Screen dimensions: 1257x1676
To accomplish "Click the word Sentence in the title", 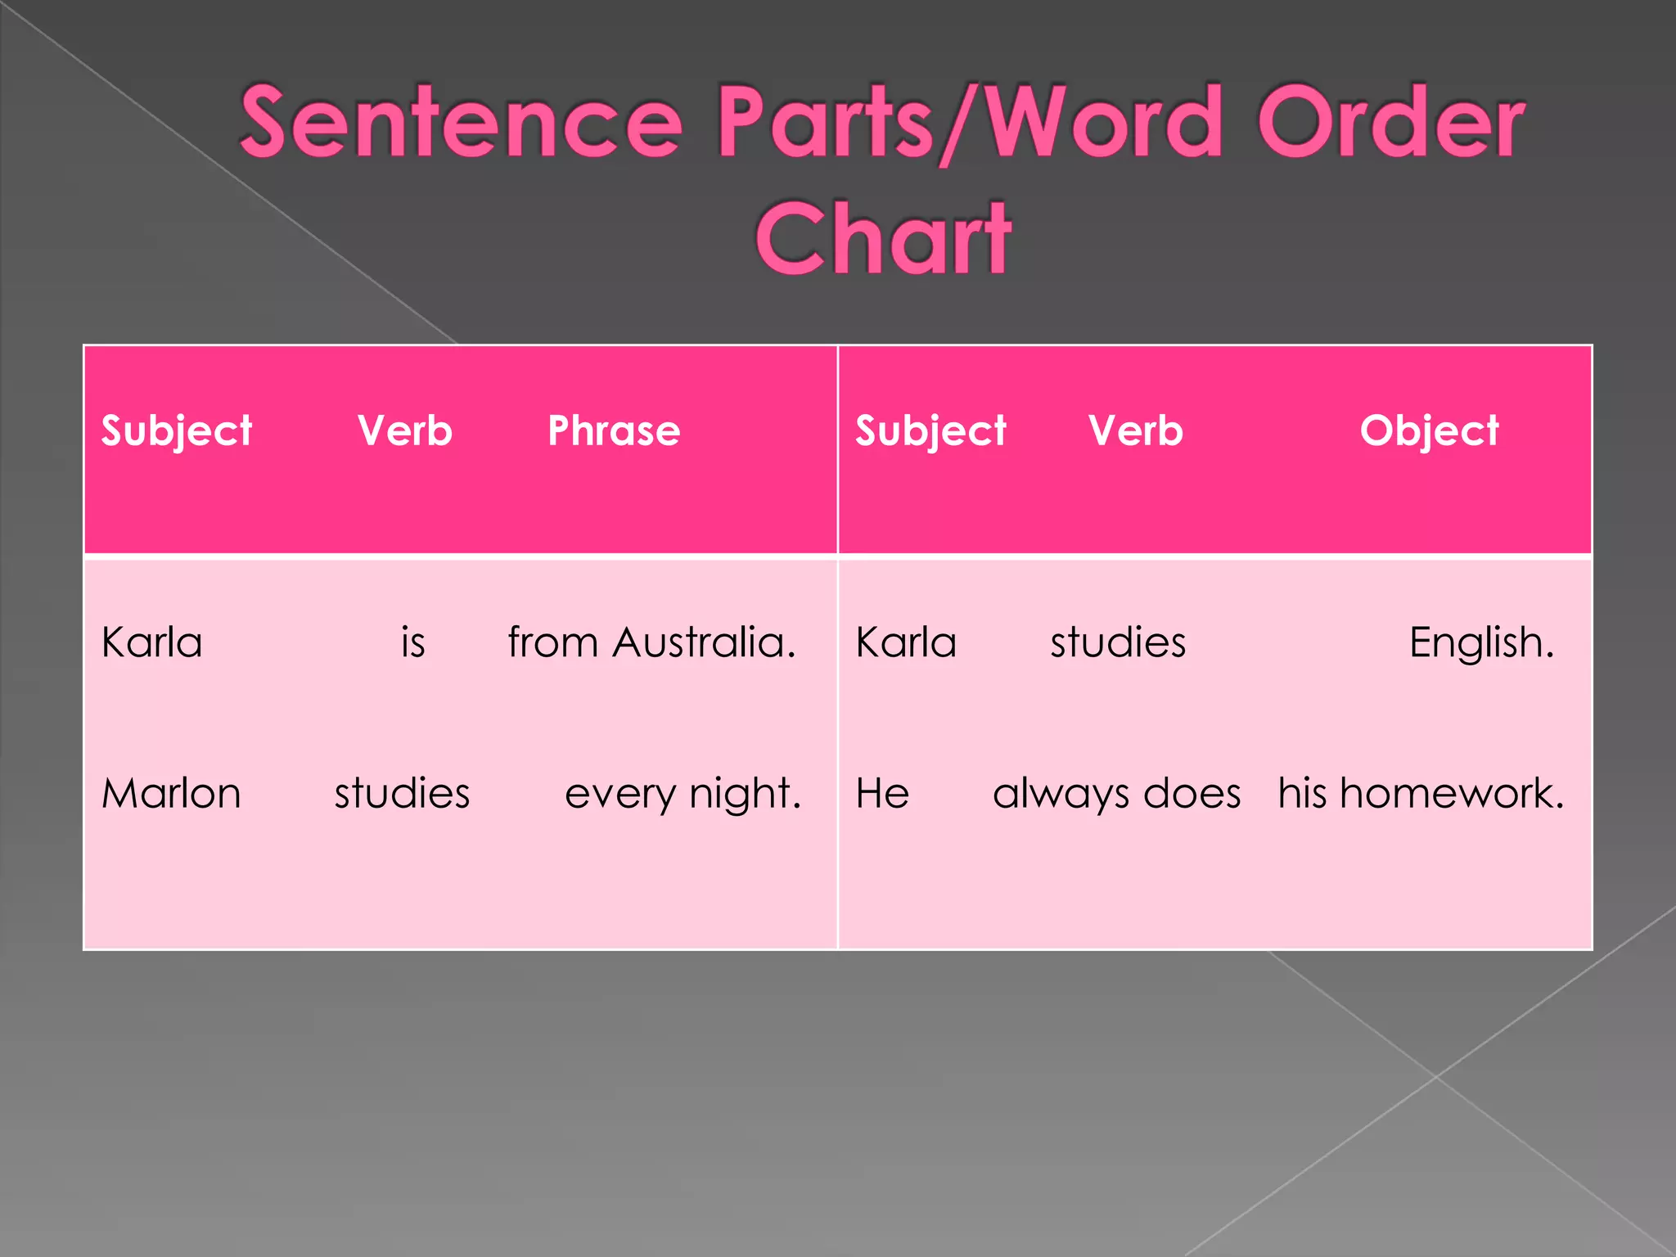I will (x=461, y=123).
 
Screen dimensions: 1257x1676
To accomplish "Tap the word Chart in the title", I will (x=883, y=239).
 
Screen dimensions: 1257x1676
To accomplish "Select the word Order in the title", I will (x=1390, y=123).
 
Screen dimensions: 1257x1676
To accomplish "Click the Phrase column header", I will (x=614, y=430).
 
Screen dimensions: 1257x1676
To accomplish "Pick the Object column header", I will (x=1429, y=430).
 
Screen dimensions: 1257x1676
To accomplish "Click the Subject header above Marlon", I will (x=177, y=430).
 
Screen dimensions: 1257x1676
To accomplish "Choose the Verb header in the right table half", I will (x=1136, y=430).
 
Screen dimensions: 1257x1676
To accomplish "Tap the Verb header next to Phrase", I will (x=405, y=430).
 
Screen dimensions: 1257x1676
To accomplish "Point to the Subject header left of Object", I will (x=930, y=430).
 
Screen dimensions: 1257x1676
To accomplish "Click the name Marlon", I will (x=171, y=793).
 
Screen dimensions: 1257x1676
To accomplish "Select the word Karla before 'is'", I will (x=152, y=642).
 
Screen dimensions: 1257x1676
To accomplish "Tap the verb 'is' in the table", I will (x=413, y=642).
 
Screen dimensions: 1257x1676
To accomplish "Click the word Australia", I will (x=704, y=642).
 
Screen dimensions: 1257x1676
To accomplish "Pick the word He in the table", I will (x=882, y=793).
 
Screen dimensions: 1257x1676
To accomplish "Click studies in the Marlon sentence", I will (x=402, y=793).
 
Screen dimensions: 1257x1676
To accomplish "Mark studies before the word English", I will (x=1118, y=642).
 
